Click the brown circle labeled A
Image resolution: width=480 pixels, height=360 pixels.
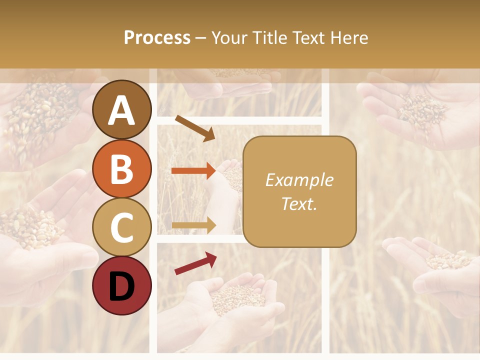(122, 109)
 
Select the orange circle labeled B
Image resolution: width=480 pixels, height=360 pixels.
(122, 168)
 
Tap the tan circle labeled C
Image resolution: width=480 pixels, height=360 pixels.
(122, 227)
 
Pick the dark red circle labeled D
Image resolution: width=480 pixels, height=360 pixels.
(122, 286)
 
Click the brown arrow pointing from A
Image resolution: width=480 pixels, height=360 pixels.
(195, 128)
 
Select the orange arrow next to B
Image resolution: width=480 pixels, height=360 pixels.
(193, 170)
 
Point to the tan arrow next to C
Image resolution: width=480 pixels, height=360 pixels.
(193, 225)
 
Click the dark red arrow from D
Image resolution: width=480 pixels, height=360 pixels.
(195, 263)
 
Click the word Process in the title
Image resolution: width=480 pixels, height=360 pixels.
(157, 37)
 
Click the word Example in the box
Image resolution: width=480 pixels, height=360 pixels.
(299, 180)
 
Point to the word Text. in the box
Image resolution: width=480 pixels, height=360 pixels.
(299, 203)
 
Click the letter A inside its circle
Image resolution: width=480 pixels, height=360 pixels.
(122, 110)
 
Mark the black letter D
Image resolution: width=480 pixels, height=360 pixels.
(122, 286)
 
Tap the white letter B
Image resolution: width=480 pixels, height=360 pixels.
(122, 169)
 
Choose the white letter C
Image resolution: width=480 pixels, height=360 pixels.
(122, 228)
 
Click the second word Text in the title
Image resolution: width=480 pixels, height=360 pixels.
(307, 37)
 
